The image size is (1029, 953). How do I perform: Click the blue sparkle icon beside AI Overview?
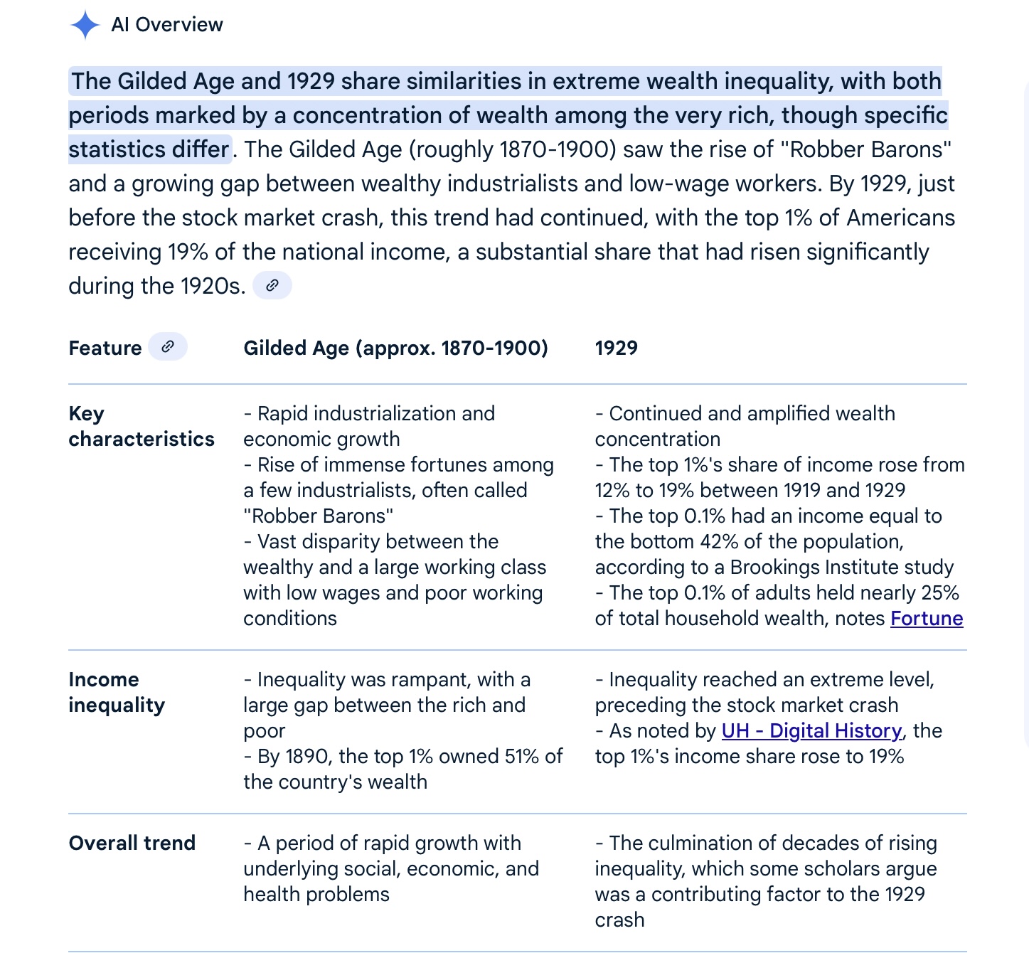pos(85,25)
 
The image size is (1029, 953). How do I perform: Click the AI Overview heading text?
pos(167,25)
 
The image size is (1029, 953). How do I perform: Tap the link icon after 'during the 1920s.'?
pos(272,286)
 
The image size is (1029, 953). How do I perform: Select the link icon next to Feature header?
pos(168,347)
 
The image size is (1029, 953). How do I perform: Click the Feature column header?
pos(105,348)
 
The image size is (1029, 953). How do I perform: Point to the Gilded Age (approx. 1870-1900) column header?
pos(395,348)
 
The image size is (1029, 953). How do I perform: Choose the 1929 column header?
pos(616,348)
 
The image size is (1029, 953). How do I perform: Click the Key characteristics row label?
pos(141,426)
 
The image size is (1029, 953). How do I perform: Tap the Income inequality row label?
pos(117,692)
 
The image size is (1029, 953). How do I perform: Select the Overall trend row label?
pos(132,843)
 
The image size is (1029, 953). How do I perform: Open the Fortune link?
pos(927,619)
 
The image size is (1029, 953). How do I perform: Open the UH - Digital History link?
pos(811,731)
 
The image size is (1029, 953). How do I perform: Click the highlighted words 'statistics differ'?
pos(149,150)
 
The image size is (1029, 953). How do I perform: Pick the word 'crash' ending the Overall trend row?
pos(619,920)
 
